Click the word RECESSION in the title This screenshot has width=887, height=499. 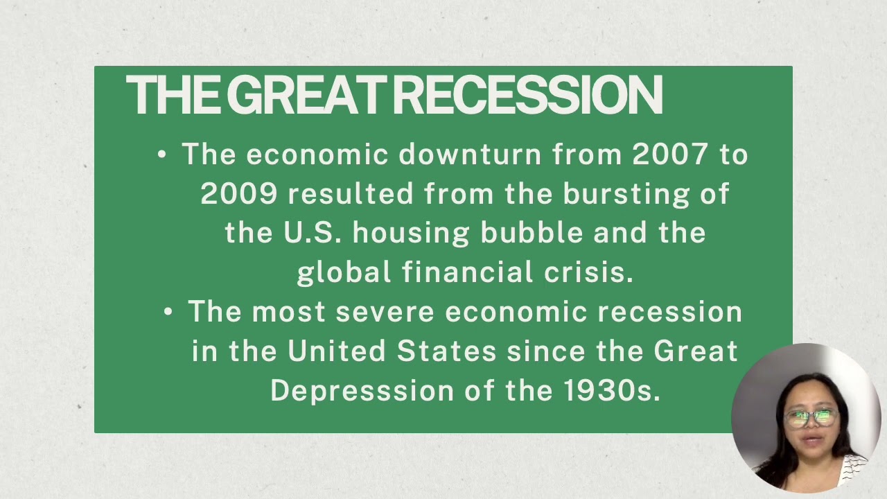pyautogui.click(x=528, y=95)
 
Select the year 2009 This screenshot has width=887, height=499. pyautogui.click(x=239, y=194)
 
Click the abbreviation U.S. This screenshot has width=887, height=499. pyautogui.click(x=313, y=233)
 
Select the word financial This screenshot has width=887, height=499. pyautogui.click(x=467, y=272)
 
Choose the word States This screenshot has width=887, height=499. pyautogui.click(x=446, y=351)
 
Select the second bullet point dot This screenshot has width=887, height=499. pyautogui.click(x=168, y=313)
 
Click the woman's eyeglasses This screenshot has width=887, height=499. pyautogui.click(x=810, y=418)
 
